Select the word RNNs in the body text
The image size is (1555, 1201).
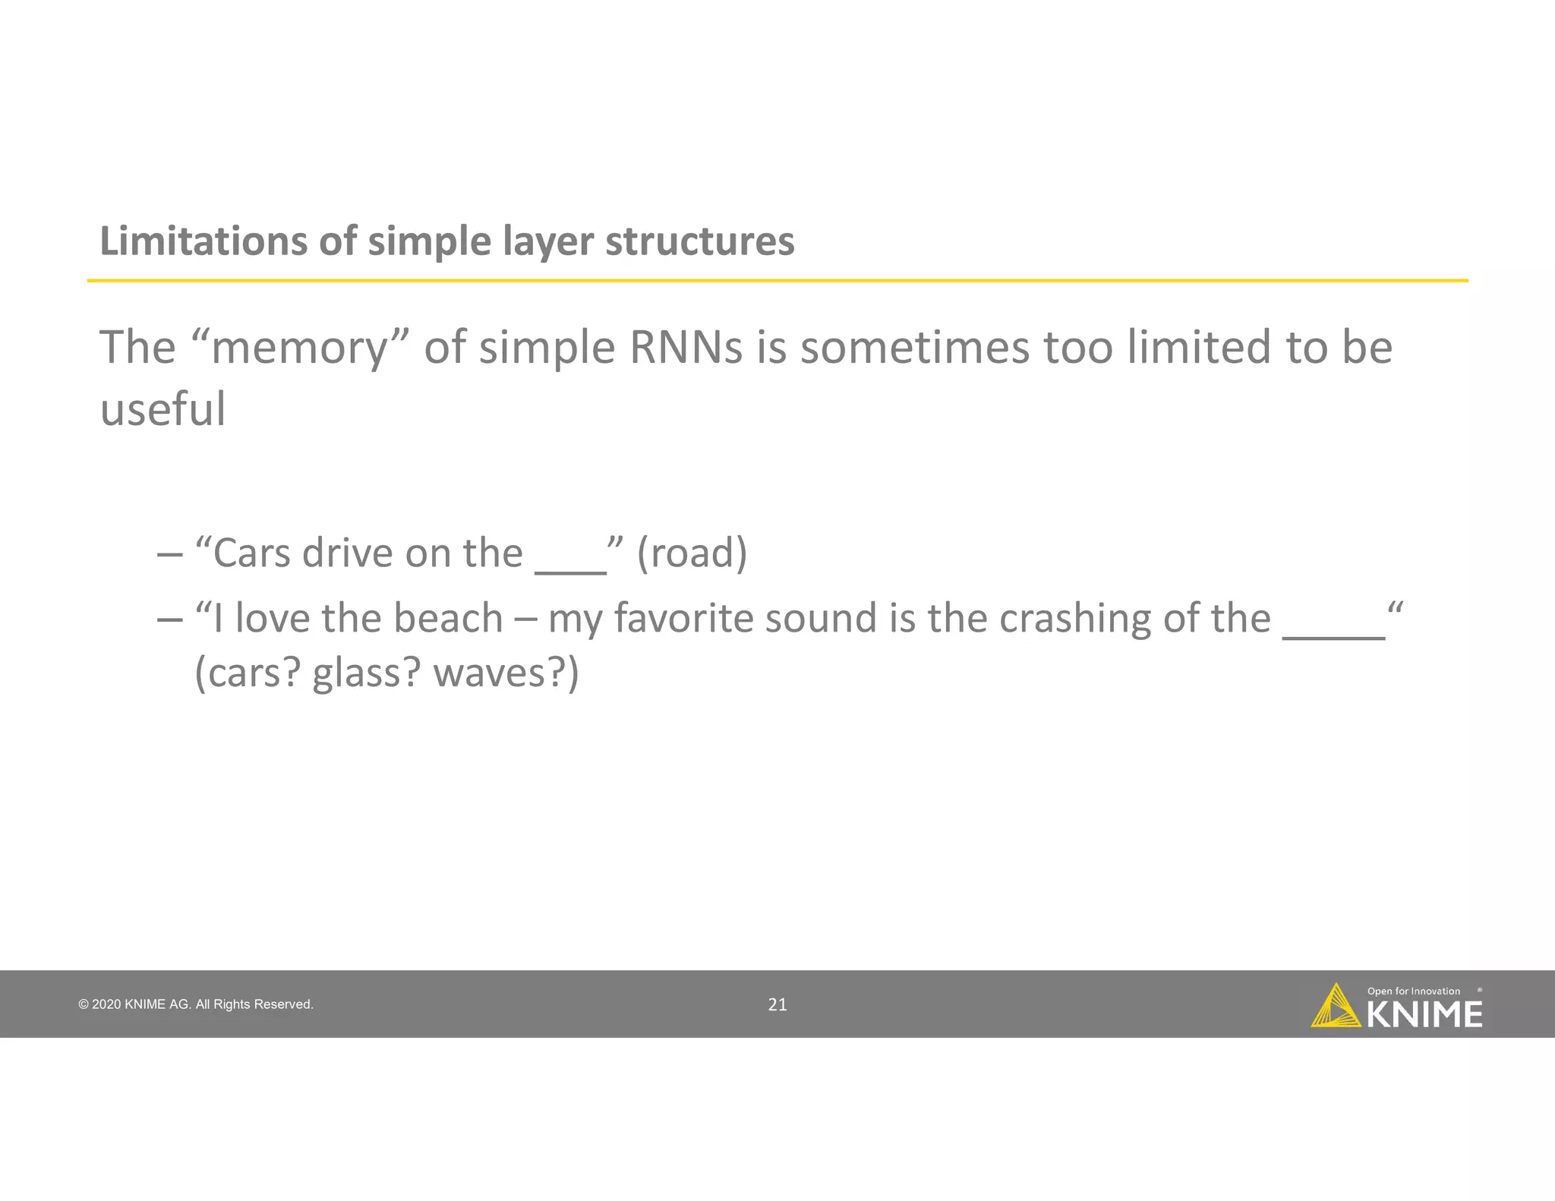[x=686, y=348]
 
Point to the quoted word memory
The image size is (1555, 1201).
[x=300, y=348]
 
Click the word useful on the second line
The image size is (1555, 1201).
[x=162, y=409]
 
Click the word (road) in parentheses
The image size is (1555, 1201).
[x=692, y=553]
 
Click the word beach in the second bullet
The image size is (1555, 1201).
[x=448, y=618]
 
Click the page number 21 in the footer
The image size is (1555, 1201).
[x=777, y=1004]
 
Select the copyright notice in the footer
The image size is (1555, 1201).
[x=196, y=1004]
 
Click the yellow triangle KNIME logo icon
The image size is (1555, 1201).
[x=1336, y=1007]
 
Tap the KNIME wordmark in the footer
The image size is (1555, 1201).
[x=1424, y=1015]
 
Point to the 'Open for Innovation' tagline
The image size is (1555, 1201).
[x=1413, y=991]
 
